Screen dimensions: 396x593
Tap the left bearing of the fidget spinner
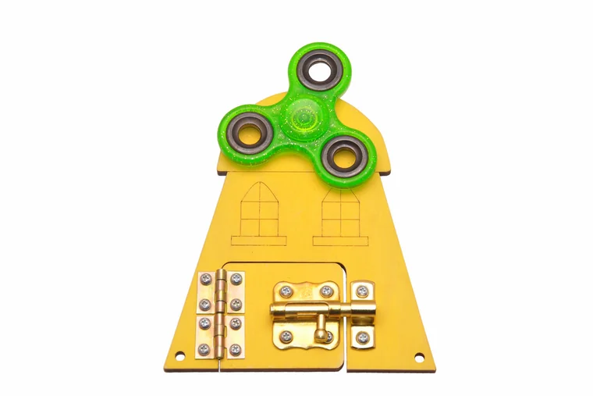250,131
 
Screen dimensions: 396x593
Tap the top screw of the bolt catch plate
362,291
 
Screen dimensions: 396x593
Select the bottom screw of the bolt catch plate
362,338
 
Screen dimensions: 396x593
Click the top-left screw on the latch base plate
286,291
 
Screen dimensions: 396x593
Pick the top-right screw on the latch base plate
326,291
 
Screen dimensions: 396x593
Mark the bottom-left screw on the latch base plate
286,337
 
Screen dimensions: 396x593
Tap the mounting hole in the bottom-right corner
419,358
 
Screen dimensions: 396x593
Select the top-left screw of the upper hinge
205,279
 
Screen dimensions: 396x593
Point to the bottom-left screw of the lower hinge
204,348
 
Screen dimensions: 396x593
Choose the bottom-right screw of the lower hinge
236,348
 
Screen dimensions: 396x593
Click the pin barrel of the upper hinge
221,292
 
